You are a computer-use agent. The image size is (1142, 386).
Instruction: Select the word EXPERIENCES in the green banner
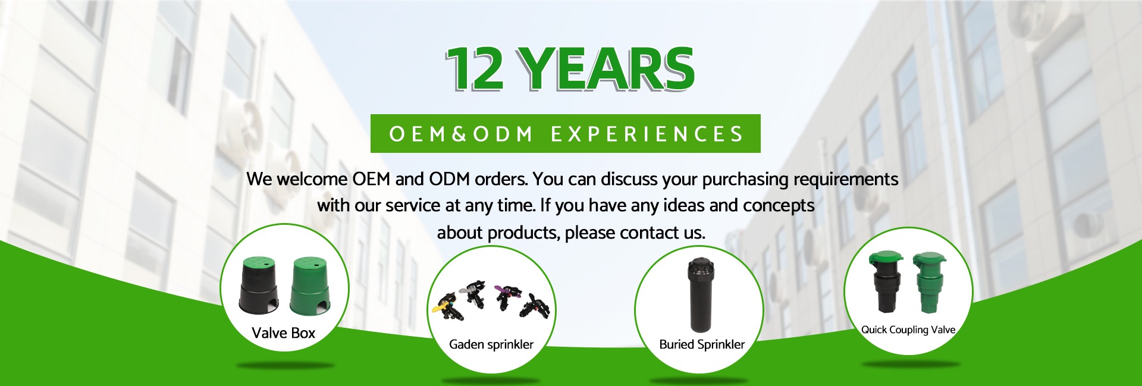pyautogui.click(x=647, y=134)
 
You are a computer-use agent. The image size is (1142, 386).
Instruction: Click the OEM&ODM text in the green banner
pyautogui.click(x=461, y=134)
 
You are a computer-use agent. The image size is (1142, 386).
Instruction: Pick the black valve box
pyautogui.click(x=259, y=285)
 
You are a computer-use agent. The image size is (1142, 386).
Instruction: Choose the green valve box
pyautogui.click(x=310, y=286)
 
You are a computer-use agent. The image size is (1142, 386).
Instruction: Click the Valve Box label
pyautogui.click(x=283, y=333)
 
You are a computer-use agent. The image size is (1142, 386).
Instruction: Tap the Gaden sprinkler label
pyautogui.click(x=491, y=344)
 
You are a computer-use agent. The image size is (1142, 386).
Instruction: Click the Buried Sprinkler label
pyautogui.click(x=702, y=344)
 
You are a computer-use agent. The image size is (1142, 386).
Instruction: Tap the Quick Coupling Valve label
pyautogui.click(x=908, y=329)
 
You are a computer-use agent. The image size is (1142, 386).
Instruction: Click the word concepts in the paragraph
pyautogui.click(x=779, y=206)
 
